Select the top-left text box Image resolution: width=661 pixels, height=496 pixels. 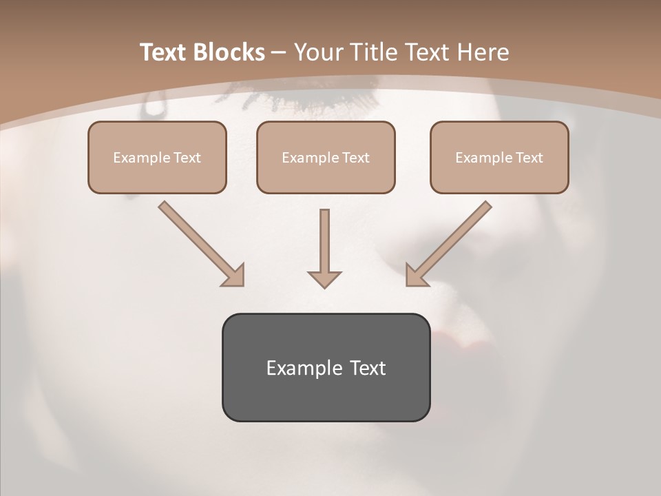coord(157,157)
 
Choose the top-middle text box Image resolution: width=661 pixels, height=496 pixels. coord(326,157)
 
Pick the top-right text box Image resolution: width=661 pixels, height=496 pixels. coord(499,157)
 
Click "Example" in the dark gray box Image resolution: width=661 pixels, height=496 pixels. coord(300,368)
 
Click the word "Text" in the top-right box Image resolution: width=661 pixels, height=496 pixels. coord(529,158)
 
